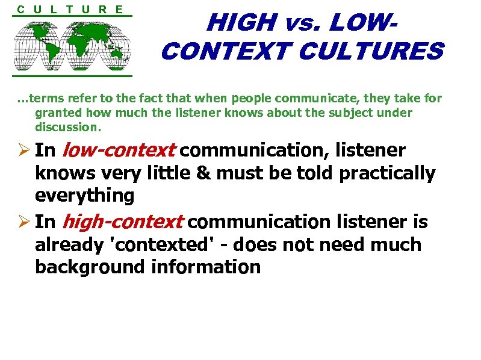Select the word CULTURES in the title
click(x=370, y=52)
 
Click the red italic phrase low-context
click(x=119, y=150)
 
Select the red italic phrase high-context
click(x=122, y=222)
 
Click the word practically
click(x=387, y=173)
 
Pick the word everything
click(x=84, y=196)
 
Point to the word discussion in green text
click(x=67, y=128)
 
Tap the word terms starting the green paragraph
click(x=45, y=98)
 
